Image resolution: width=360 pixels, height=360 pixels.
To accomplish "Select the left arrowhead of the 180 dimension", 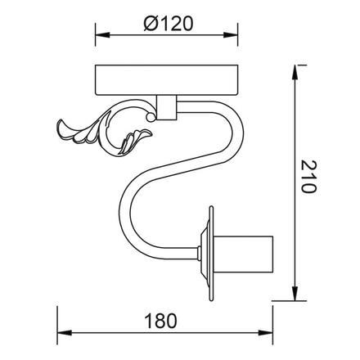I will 61,335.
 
